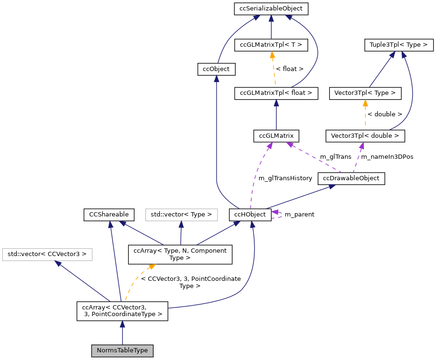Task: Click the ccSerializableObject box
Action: (x=271, y=8)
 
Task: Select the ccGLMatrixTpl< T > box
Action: (x=271, y=45)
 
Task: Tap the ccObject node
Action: (x=216, y=69)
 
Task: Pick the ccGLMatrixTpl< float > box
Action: (x=276, y=93)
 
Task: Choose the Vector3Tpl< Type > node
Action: (x=365, y=93)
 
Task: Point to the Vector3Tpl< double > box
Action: (x=365, y=136)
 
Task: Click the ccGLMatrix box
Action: (x=276, y=136)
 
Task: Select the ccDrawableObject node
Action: (x=351, y=178)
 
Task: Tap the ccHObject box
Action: (x=250, y=215)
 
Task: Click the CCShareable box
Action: (x=109, y=215)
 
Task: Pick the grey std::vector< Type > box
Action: (x=181, y=215)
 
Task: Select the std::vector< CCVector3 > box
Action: (x=47, y=254)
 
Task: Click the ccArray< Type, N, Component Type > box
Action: (x=181, y=254)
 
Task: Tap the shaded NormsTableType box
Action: (x=123, y=350)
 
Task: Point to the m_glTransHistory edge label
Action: (x=285, y=178)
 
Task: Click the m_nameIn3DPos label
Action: (x=387, y=157)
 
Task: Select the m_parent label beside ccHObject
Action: (x=299, y=215)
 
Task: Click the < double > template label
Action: (x=384, y=114)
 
